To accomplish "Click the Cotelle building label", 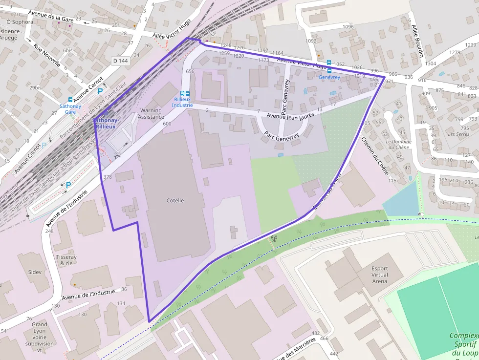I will tap(175, 201).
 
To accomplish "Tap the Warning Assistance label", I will tap(151, 114).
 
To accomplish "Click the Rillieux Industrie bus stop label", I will tap(182, 102).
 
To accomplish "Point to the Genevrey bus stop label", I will tap(329, 77).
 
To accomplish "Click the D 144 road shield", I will tap(120, 61).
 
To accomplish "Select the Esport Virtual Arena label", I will tap(379, 275).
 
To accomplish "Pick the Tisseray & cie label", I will tap(66, 260).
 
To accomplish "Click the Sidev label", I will tap(35, 272).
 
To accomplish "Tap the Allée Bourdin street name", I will tap(417, 41).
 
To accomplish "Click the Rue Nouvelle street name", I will tap(47, 55).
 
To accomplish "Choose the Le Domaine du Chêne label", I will tap(398, 145).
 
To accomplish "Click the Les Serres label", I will tap(458, 134).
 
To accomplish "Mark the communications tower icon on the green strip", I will tap(274, 239).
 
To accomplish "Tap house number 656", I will tap(190, 72).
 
